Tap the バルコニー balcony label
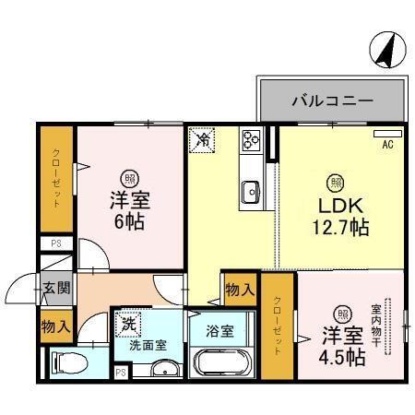332,101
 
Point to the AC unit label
387,144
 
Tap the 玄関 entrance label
54,288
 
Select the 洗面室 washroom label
147,345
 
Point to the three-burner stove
251,140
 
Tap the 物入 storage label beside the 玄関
54,325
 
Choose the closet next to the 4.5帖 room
278,325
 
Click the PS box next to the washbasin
121,372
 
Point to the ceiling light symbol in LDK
338,181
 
